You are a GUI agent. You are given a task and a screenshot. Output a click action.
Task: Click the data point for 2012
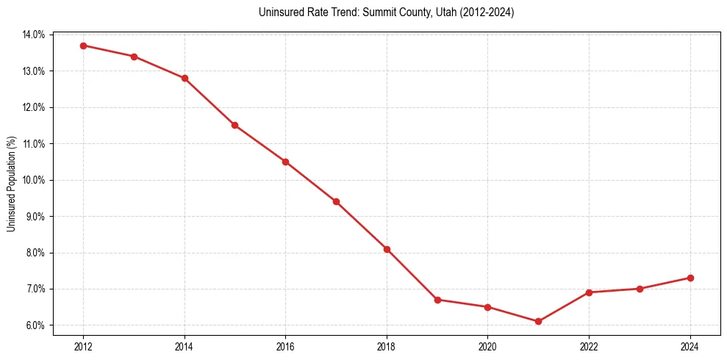click(x=83, y=46)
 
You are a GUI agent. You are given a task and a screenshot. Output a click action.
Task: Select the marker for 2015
click(x=234, y=126)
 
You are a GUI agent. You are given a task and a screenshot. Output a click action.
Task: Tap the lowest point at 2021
click(x=538, y=321)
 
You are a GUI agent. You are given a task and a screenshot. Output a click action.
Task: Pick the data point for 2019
click(x=437, y=300)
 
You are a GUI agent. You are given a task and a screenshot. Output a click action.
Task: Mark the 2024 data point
click(x=690, y=278)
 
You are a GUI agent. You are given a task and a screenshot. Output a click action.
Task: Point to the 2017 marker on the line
click(x=336, y=201)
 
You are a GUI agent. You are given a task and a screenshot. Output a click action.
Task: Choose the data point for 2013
click(x=134, y=57)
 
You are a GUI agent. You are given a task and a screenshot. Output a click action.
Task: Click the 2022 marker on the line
click(x=589, y=292)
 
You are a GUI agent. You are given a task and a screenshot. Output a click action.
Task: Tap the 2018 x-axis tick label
click(x=387, y=345)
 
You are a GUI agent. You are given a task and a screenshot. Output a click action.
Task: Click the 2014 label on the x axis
click(x=185, y=345)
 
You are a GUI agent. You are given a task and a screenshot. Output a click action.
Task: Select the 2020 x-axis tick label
click(x=487, y=345)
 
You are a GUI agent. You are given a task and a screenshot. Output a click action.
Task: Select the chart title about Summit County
click(x=386, y=12)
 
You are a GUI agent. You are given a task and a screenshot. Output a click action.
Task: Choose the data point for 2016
click(x=285, y=162)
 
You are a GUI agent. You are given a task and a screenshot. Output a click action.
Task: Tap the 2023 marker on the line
click(x=640, y=289)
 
